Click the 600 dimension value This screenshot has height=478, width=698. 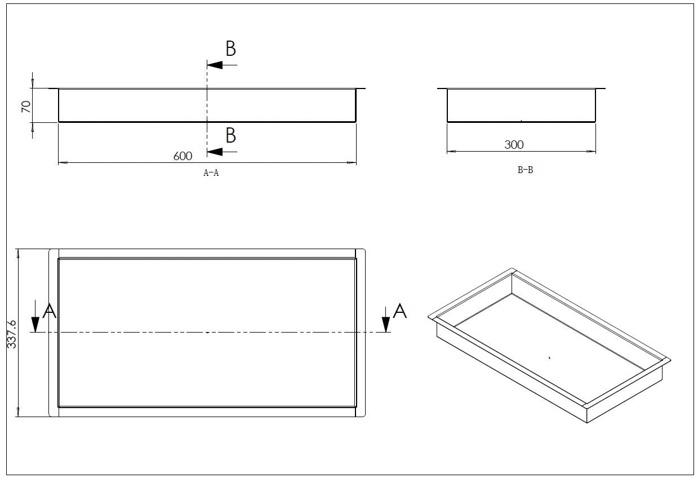click(183, 156)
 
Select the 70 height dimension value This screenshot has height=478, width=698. click(26, 107)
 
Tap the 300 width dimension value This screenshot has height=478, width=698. click(514, 145)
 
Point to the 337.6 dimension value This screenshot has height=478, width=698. click(12, 334)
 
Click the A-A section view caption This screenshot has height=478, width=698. click(211, 173)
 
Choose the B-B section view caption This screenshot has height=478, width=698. click(525, 170)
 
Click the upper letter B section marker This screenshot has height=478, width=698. click(230, 49)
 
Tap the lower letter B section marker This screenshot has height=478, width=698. click(230, 136)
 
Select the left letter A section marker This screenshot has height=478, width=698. click(50, 311)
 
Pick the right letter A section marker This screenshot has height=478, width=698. click(399, 311)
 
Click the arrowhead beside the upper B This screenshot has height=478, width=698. click(215, 65)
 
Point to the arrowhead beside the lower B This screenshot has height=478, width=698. click(215, 152)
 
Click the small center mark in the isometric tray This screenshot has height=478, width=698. click(549, 357)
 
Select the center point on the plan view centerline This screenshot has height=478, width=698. click(207, 333)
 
